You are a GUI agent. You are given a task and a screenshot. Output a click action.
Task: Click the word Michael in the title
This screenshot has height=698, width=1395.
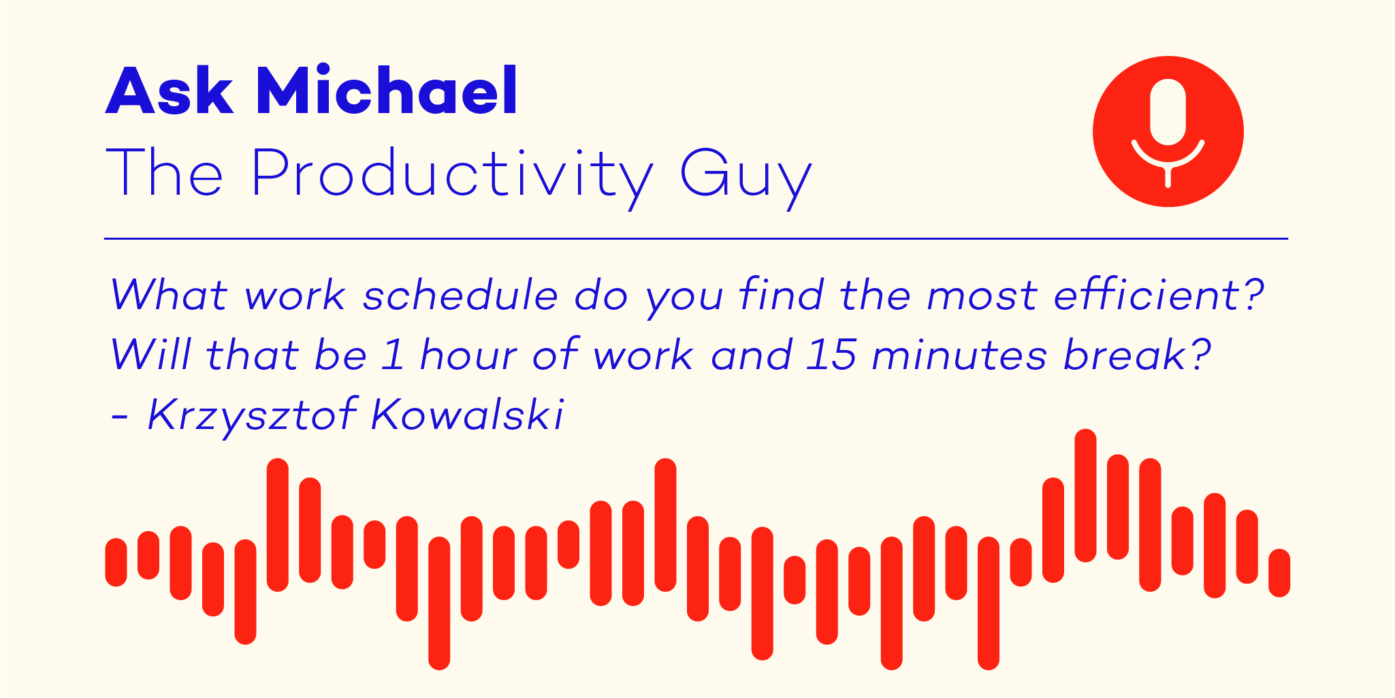pos(387,91)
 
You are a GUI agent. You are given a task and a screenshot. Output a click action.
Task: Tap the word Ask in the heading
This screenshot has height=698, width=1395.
pos(170,91)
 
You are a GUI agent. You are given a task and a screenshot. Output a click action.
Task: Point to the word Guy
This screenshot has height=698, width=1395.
pos(746,176)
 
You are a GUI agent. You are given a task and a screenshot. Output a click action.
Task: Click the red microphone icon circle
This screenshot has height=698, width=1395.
pos(1168,131)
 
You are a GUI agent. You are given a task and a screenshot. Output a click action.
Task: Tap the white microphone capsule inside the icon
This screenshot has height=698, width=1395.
pos(1168,112)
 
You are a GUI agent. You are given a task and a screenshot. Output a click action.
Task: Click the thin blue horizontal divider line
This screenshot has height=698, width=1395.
pos(696,239)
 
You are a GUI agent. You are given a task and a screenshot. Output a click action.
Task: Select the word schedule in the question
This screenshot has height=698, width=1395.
pos(460,295)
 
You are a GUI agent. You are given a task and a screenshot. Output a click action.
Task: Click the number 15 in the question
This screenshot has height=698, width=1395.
pos(831,355)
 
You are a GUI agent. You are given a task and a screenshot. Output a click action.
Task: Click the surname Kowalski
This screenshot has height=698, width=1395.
pos(468,413)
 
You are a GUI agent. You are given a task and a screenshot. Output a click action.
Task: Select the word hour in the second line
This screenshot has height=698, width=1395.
pos(468,354)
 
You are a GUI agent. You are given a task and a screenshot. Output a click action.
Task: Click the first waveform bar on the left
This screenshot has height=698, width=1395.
pos(116,562)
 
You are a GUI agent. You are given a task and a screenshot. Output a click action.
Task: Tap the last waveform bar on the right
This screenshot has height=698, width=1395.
pos(1279,573)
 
